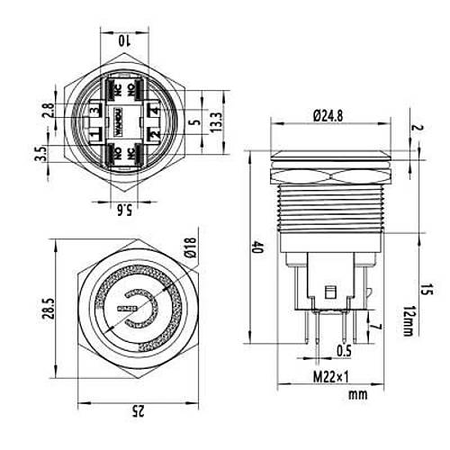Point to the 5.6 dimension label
coord(126,210)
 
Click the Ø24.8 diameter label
coord(328,114)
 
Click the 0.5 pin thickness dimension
coord(343,350)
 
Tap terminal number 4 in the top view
coord(155,110)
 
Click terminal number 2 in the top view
coord(155,135)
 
